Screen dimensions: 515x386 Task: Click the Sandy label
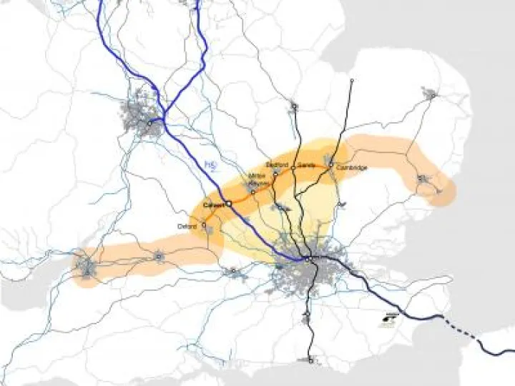pyautogui.click(x=306, y=164)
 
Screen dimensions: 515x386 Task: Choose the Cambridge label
pyautogui.click(x=352, y=168)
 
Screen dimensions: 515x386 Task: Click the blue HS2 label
pyautogui.click(x=210, y=166)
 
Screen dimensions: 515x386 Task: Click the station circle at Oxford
pyautogui.click(x=204, y=224)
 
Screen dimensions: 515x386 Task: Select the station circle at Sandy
pyautogui.click(x=300, y=171)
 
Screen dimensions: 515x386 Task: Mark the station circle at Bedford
pyautogui.click(x=275, y=172)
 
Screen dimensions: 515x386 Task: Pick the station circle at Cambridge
pyautogui.click(x=331, y=168)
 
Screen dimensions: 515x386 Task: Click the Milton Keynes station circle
pyautogui.click(x=252, y=191)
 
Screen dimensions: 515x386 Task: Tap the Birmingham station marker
pyautogui.click(x=149, y=122)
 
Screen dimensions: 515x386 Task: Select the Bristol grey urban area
pyautogui.click(x=87, y=267)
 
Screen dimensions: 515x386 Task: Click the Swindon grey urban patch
pyautogui.click(x=159, y=256)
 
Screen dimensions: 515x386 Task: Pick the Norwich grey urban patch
pyautogui.click(x=430, y=93)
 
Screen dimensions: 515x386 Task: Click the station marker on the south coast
pyautogui.click(x=311, y=360)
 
